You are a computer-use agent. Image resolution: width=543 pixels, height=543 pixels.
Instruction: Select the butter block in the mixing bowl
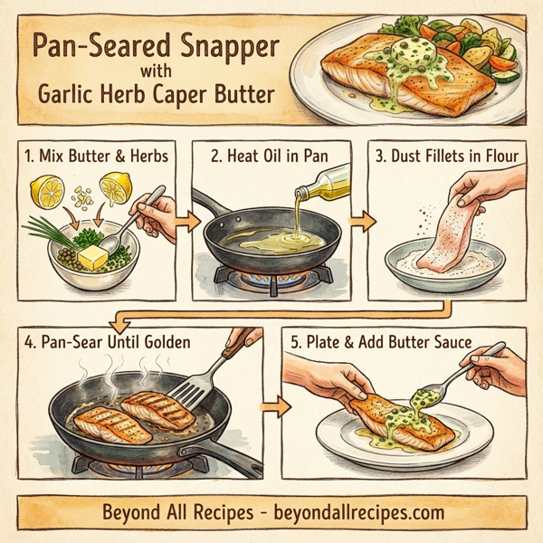click(95, 260)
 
